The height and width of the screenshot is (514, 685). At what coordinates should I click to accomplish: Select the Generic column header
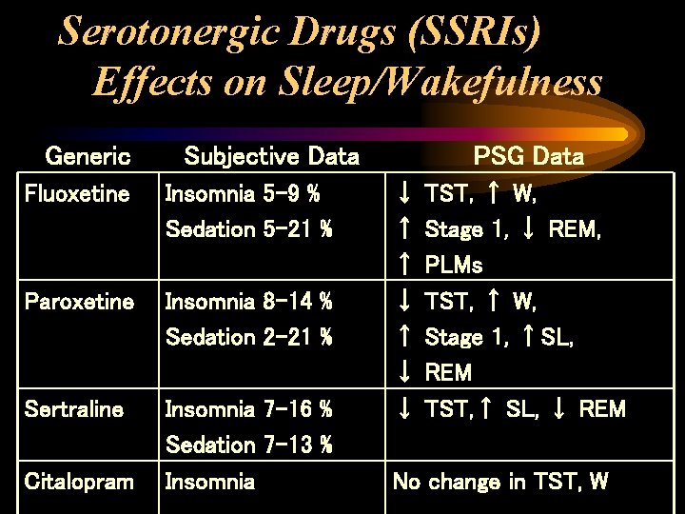pos(88,156)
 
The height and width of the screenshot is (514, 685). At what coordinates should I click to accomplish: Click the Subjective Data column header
pos(271,156)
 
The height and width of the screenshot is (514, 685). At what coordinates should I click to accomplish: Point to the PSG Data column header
pos(529,156)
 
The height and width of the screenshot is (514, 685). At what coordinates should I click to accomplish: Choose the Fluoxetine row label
pos(77,194)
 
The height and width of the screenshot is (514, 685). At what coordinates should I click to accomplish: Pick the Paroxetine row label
pos(79,302)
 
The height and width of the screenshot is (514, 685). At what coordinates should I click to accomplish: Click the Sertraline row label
pos(74,409)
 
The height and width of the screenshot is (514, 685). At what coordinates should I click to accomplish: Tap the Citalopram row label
pos(79,482)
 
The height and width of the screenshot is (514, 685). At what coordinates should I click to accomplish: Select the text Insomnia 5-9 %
pos(243,194)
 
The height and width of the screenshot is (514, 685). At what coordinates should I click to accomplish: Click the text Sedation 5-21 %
pos(248,229)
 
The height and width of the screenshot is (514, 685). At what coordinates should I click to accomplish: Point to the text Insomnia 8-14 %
pos(248,302)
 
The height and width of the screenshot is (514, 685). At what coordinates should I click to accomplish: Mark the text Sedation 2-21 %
pos(248,337)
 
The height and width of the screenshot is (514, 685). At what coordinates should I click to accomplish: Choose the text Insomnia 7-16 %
pos(248,409)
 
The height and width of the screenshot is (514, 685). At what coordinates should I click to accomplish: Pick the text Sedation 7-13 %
pos(248,445)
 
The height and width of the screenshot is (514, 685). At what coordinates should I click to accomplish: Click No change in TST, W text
pos(500,482)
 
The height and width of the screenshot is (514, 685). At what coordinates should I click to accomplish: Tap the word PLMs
pos(454,266)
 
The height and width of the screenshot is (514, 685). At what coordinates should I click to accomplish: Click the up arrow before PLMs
pos(403,266)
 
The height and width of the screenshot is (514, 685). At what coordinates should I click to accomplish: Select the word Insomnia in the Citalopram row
pos(210,482)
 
